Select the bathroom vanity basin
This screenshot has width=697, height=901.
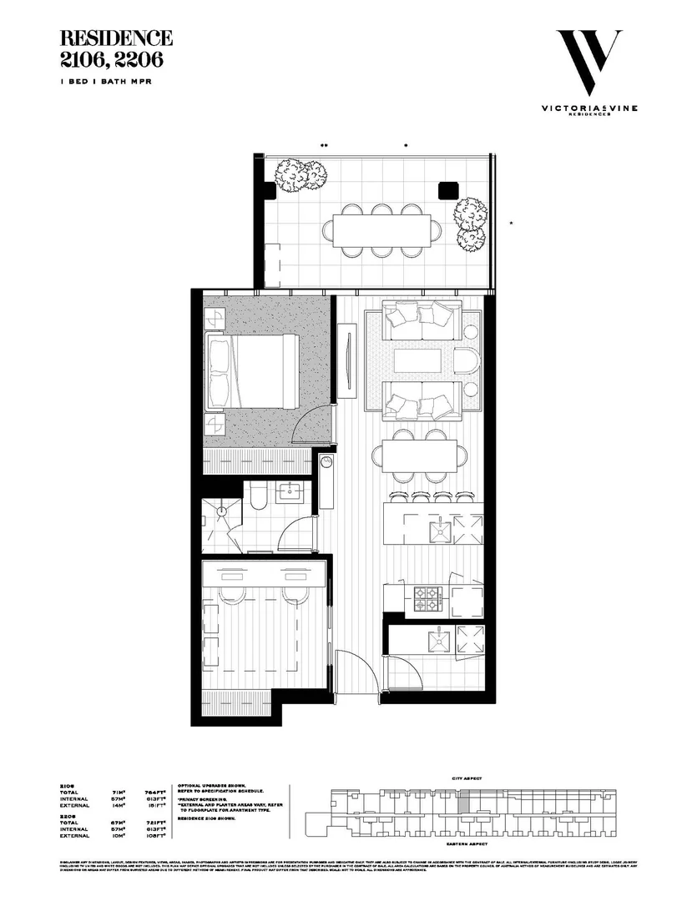pyautogui.click(x=292, y=492)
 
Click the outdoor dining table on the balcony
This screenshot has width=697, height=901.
pyautogui.click(x=381, y=227)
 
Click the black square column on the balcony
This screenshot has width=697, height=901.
pyautogui.click(x=447, y=190)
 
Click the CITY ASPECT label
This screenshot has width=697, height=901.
pyautogui.click(x=468, y=778)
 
